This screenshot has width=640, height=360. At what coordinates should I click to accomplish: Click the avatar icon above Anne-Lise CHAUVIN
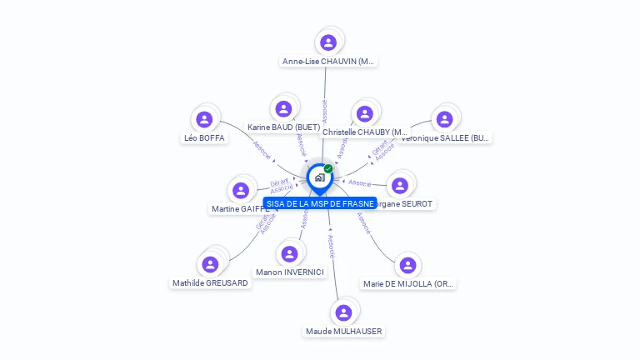pos(328,42)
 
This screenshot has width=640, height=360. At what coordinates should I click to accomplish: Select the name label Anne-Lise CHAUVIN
pos(328,62)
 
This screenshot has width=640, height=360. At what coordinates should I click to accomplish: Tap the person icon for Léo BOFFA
pos(204,119)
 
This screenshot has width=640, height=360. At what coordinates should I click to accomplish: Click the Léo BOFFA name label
pos(204,138)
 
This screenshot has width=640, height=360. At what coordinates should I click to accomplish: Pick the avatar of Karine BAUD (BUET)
pos(283,108)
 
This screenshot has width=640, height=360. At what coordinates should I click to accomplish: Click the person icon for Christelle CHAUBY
pos(363,113)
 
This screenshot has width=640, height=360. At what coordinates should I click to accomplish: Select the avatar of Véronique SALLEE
pos(444,119)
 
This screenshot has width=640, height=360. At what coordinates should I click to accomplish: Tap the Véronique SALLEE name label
pos(446,138)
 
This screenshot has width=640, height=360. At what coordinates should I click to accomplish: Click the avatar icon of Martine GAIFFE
pos(241,191)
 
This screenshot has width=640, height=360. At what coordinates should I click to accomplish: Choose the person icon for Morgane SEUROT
pos(400,185)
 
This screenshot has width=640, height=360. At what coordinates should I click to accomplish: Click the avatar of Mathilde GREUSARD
pos(210,264)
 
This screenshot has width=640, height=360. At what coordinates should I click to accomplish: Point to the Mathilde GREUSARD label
pos(210,283)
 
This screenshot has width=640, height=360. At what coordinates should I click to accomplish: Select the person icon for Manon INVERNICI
pos(289,253)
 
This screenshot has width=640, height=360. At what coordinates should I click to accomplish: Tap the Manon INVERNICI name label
pos(290,272)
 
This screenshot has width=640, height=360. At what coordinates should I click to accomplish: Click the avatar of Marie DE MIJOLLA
pos(407,265)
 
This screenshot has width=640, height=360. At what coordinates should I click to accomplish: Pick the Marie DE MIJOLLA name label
pos(408,284)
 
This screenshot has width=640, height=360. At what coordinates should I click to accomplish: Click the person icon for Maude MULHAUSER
pos(343,312)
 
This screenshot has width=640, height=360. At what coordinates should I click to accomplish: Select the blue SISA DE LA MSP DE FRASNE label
pos(320,203)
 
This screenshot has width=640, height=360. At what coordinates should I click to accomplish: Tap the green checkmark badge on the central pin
pos(328,168)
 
